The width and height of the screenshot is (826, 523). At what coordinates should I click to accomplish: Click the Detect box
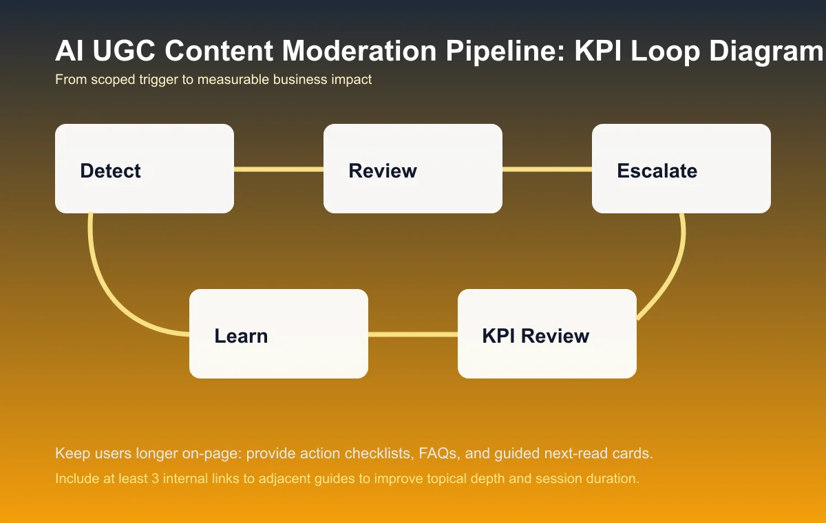point(145,169)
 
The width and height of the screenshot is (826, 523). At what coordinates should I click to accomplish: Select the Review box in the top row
point(413,169)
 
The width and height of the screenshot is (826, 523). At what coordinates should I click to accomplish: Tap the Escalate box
point(681,169)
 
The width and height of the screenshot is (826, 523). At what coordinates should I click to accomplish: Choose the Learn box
point(279,334)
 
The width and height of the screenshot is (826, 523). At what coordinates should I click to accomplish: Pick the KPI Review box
point(547,334)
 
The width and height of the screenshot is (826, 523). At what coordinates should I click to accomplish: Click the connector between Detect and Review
point(279,169)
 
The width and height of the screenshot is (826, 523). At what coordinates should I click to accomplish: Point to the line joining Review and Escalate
point(547,169)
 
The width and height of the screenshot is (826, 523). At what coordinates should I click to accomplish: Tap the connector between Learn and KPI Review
point(413,334)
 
